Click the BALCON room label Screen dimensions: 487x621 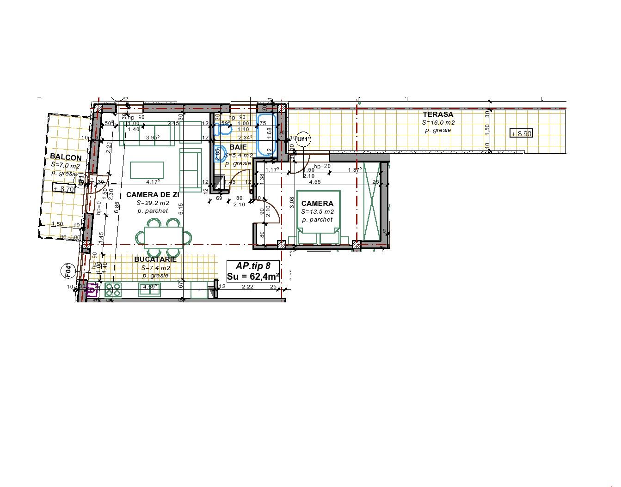coord(66,157)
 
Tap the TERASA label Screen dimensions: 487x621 coord(437,114)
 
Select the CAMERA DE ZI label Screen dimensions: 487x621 coord(152,195)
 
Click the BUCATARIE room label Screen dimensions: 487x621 coord(155,259)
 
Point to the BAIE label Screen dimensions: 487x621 coord(238,147)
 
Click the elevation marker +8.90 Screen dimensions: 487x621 coord(521,133)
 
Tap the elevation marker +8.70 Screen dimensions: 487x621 coord(64,189)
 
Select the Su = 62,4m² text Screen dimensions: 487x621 coord(252,277)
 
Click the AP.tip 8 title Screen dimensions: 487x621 coord(252,266)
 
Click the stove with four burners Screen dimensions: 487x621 coord(113,289)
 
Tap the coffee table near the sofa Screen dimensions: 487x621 coord(147,170)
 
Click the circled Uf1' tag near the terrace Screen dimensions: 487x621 coord(303,139)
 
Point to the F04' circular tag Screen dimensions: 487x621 coord(68,271)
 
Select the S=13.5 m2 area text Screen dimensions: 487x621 coord(317,212)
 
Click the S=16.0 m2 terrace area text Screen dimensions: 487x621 coord(438,123)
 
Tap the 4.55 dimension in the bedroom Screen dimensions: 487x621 coord(315,182)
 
